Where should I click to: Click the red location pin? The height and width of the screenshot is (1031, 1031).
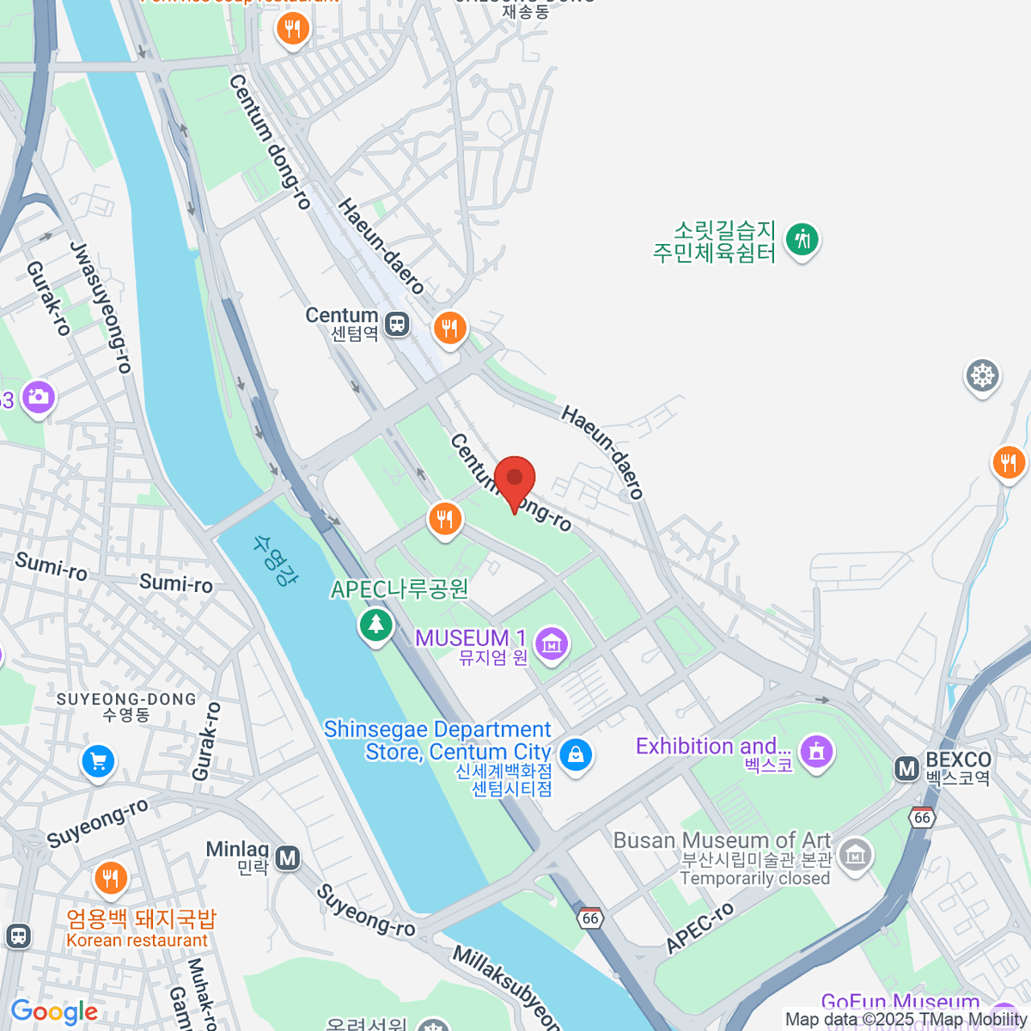coord(515,478)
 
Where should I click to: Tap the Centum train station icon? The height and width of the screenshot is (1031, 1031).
coord(396,324)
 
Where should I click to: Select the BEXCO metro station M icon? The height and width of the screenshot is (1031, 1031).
coord(906,768)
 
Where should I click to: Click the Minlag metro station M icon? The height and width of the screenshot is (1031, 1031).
coord(288,857)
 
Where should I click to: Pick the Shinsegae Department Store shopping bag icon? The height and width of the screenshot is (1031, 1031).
coord(575,754)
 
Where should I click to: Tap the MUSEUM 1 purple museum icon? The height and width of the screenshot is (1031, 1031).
coord(551,641)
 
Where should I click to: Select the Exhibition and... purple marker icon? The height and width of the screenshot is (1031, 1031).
coord(815,750)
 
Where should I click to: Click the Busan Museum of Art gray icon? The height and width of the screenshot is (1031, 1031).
coord(855,855)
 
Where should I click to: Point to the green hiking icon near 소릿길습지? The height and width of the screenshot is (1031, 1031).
coord(802,239)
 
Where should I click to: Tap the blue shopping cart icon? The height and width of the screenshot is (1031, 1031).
coord(98,760)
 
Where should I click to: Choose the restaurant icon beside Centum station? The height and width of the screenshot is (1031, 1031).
coord(449,327)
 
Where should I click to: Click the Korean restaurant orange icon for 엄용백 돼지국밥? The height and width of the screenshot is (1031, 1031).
coord(111,878)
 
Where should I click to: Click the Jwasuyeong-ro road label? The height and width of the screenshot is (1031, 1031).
coord(101,307)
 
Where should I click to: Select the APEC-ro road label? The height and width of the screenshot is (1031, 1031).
coord(700,928)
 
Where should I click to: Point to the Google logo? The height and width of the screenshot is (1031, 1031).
coord(54,1012)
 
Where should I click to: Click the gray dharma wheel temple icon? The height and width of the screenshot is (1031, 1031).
coord(982,375)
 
